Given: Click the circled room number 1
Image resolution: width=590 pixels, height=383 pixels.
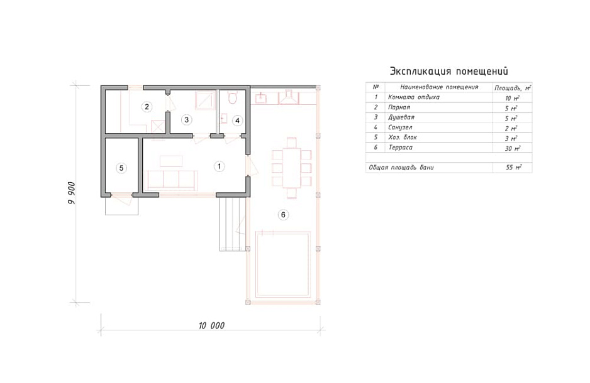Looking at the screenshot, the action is tap(220, 166).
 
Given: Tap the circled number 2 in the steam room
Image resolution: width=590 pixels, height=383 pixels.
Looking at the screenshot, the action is tap(147, 107).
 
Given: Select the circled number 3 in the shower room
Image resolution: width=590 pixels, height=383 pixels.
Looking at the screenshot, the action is tap(186, 120).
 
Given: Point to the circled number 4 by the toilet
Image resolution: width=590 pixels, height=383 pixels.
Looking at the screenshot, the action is tap(237, 121).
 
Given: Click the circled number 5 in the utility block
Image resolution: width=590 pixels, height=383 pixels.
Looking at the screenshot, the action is tap(121, 168).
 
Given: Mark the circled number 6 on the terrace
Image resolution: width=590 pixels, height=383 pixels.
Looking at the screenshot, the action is tap(283, 215).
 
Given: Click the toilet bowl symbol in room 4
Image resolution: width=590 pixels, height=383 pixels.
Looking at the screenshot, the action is tap(232, 97).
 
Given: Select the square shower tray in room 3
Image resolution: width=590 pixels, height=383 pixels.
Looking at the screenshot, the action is tap(204, 100).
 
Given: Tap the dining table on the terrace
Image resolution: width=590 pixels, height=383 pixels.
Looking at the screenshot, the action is tap(292, 168).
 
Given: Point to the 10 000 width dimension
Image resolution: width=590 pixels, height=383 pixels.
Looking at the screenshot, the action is tap(211, 325).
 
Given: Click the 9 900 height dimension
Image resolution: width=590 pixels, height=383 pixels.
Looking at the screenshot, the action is tap(72, 193).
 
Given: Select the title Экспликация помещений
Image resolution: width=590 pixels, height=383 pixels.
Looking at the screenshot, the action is tap(449, 72).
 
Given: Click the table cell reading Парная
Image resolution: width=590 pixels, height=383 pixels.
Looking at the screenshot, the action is tap(399, 107).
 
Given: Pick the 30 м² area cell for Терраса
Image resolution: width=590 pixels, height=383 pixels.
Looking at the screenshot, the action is tap(512, 148).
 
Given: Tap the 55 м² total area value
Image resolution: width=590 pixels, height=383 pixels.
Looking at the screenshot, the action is tap(513, 167).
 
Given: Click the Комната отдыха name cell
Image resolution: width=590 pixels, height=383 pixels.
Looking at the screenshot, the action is tap(413, 97).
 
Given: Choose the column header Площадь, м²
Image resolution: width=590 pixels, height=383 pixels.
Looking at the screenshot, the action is tap(513, 88).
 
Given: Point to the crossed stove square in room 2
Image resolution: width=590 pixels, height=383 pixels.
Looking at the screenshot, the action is tap(158, 127).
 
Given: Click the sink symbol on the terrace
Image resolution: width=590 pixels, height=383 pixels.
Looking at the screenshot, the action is tap(261, 99).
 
